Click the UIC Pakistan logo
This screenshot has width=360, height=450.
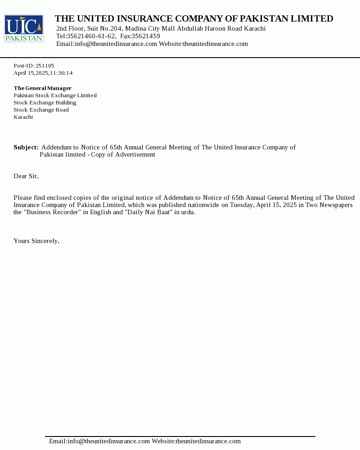click(x=24, y=28)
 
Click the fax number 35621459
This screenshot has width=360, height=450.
click(x=146, y=36)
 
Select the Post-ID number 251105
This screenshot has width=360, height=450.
click(x=45, y=66)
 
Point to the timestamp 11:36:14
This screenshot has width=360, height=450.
click(x=61, y=73)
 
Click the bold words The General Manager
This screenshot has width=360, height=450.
click(x=42, y=88)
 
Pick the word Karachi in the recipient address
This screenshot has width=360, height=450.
click(x=23, y=117)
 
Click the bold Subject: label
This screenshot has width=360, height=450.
click(x=26, y=147)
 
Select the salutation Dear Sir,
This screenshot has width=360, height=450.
click(x=26, y=176)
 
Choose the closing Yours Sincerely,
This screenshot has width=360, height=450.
click(x=36, y=241)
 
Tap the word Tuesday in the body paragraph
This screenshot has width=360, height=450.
click(x=242, y=205)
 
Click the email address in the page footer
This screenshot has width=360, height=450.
click(x=99, y=441)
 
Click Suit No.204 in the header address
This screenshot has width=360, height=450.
click(x=105, y=28)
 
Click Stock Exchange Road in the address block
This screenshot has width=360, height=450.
click(x=41, y=110)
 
